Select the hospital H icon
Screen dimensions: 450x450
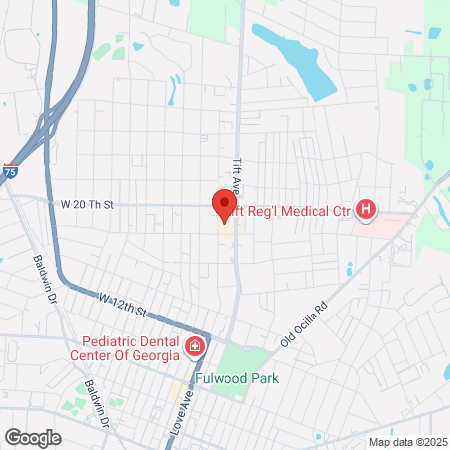(367, 209)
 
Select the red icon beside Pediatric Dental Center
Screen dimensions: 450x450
(195, 346)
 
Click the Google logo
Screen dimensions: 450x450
(33, 437)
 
